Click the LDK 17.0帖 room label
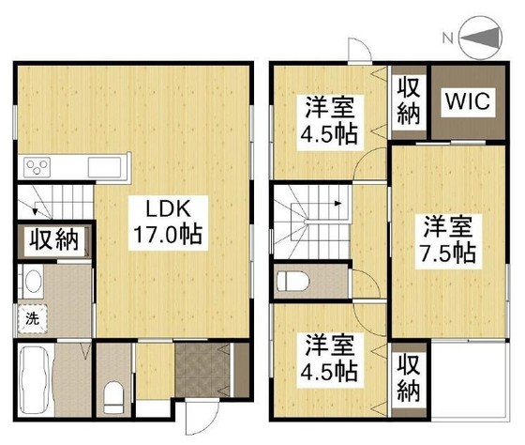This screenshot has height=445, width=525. [168, 222]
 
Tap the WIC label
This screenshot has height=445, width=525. [468, 102]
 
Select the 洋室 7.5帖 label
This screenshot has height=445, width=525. [448, 241]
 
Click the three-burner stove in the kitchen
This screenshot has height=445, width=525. [37, 167]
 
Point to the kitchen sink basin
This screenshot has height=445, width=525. [104, 167]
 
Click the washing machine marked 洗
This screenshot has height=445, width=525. [32, 318]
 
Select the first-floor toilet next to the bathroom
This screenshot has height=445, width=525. [113, 397]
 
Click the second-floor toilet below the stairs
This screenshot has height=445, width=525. [292, 281]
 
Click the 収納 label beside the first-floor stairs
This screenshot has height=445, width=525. [53, 239]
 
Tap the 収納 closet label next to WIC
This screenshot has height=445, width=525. [409, 102]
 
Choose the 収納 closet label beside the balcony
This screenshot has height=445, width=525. [409, 379]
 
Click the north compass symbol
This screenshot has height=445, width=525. [482, 38]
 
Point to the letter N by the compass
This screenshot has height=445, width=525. [447, 38]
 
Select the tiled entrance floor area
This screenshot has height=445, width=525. [202, 370]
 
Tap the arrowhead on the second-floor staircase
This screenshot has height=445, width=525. [338, 203]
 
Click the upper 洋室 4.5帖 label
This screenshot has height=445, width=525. [330, 122]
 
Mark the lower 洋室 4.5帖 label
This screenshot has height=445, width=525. [330, 361]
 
